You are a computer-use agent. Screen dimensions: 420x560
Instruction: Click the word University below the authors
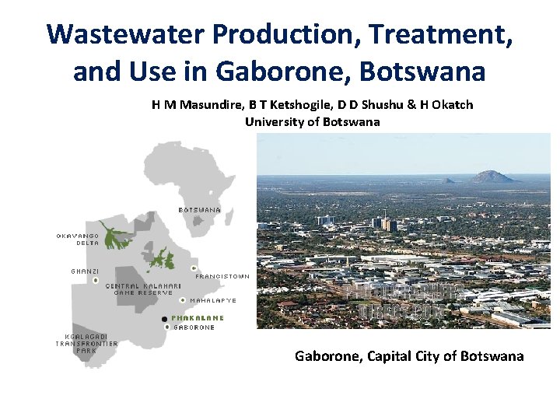tap(274, 121)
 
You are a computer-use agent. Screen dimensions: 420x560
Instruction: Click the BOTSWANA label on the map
tap(200, 210)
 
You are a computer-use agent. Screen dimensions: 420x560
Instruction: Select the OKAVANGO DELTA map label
tap(76, 239)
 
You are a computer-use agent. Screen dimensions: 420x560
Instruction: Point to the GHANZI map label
tap(84, 271)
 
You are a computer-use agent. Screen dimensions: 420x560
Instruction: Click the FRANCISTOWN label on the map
tap(222, 276)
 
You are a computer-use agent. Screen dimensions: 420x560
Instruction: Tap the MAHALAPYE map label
tap(213, 300)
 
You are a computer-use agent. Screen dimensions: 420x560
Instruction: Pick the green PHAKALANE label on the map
tap(198, 318)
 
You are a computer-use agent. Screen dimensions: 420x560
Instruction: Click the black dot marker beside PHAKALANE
tap(163, 319)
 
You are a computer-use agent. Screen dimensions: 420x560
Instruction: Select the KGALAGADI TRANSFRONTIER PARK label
tap(86, 343)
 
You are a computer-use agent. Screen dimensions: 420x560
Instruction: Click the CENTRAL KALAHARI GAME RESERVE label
tap(143, 289)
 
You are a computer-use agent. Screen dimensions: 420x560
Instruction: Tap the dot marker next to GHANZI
tap(95, 279)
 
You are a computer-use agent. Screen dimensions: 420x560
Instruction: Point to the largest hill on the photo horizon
tap(492, 176)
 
